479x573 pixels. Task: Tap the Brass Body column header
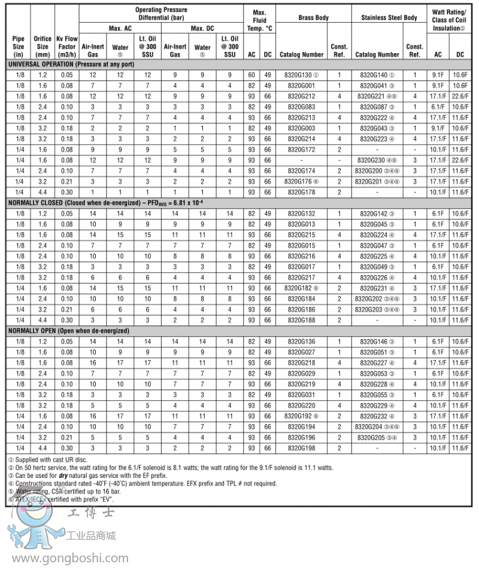click(313, 18)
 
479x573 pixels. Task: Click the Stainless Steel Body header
click(389, 18)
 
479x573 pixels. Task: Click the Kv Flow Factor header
click(66, 46)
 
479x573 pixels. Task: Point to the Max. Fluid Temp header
click(259, 19)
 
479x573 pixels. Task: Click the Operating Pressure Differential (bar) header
click(160, 14)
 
